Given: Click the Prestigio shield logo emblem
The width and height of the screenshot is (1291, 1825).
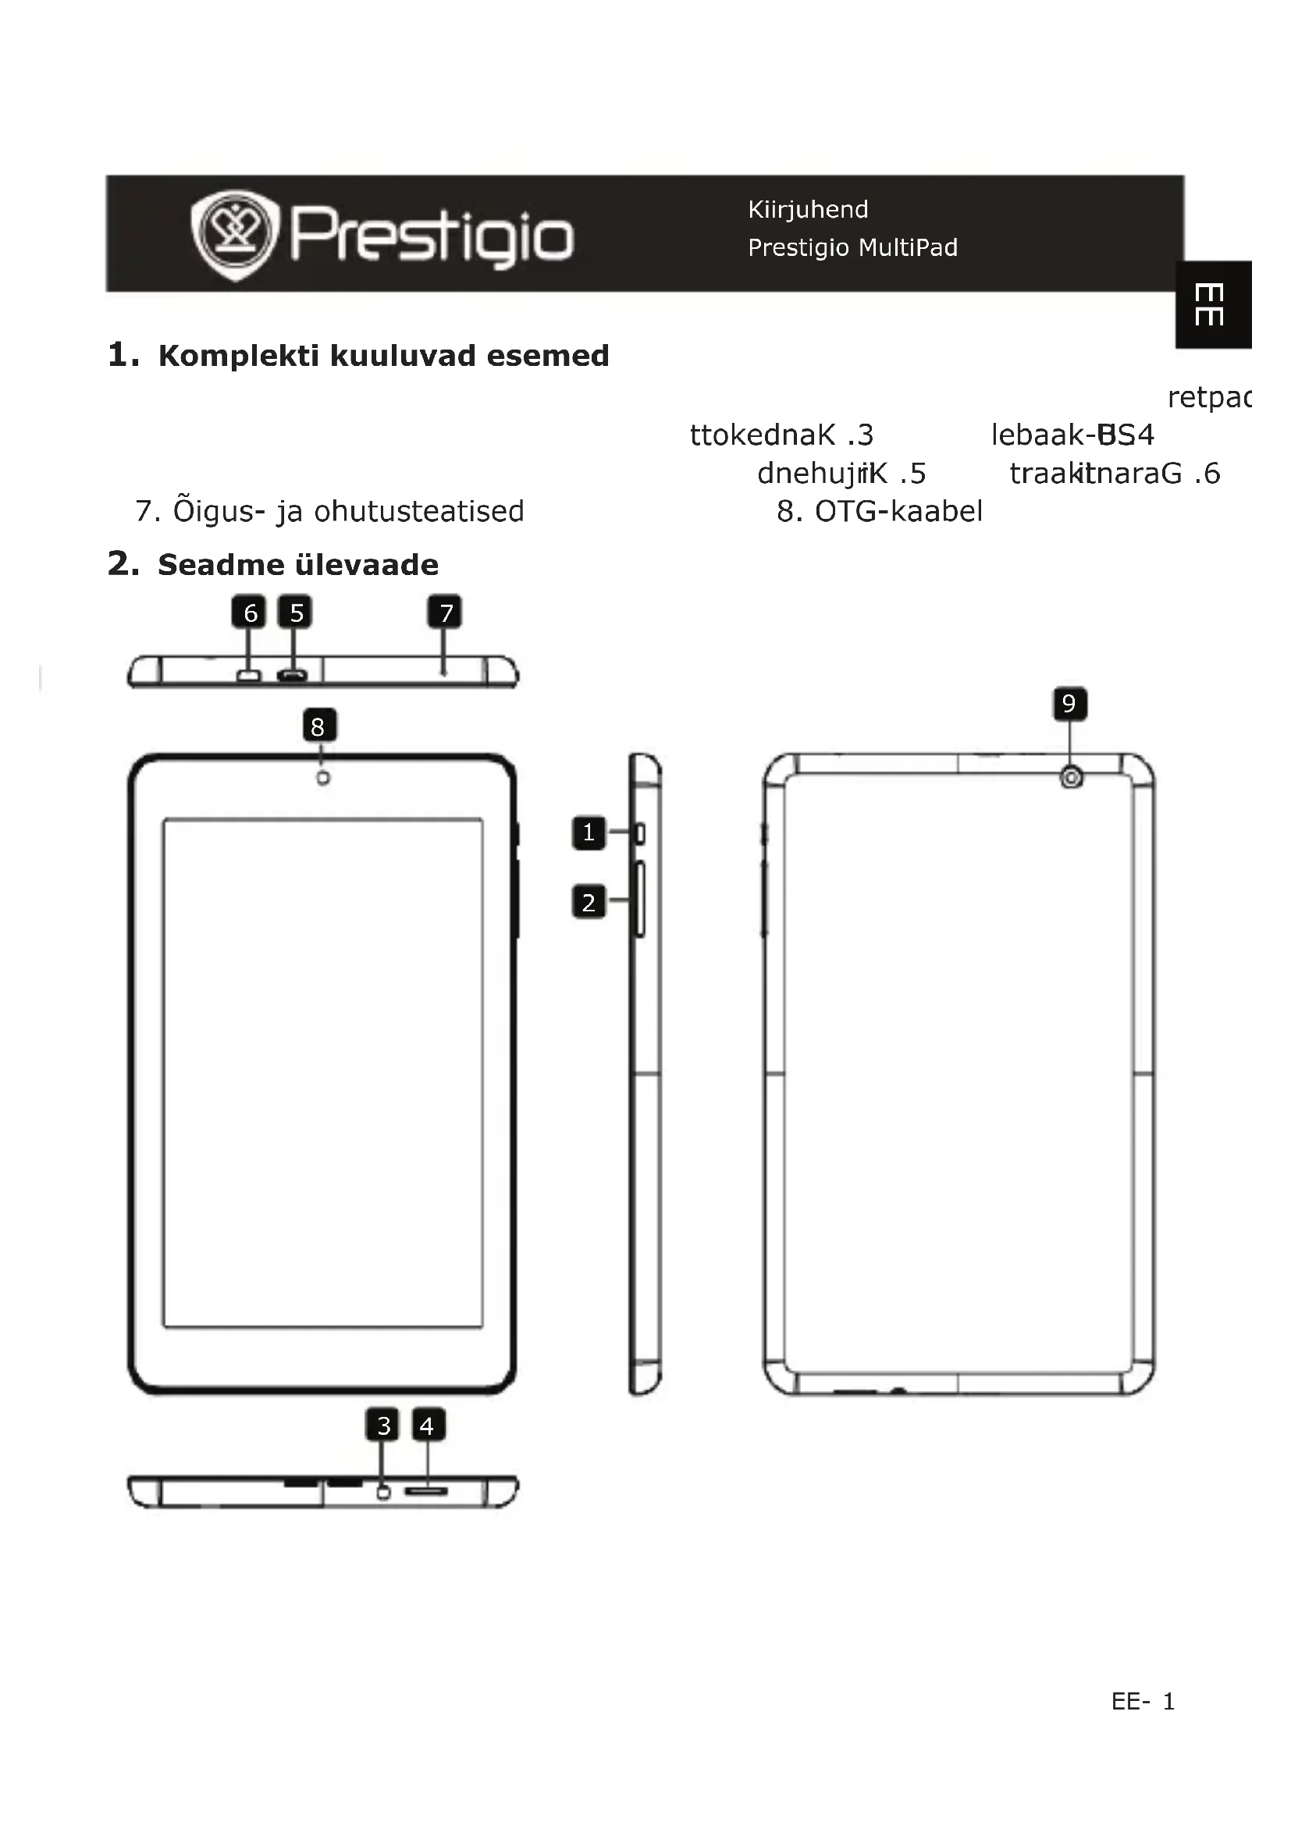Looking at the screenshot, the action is click(235, 235).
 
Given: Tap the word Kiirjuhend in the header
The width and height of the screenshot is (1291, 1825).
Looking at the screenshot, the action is click(808, 210).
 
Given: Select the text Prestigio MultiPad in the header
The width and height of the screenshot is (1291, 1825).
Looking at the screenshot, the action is click(852, 248).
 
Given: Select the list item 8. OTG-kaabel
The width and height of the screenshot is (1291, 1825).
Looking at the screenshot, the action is click(879, 512).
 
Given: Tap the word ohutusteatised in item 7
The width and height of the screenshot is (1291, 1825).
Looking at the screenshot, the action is click(419, 512).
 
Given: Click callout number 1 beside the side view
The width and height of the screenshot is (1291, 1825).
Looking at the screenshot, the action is click(589, 833).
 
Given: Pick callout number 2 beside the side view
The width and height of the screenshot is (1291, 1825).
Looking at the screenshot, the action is click(589, 903).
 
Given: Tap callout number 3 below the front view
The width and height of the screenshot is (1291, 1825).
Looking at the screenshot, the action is click(383, 1426).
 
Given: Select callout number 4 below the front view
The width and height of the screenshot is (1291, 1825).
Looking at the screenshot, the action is click(427, 1426).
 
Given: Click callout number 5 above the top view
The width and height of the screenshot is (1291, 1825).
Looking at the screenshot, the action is click(296, 612).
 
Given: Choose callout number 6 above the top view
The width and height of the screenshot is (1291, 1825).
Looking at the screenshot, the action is click(250, 612).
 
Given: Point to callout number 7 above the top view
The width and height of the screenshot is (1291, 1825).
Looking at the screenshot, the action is click(445, 612).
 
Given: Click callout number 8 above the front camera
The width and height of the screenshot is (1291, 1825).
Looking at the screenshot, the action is click(318, 726).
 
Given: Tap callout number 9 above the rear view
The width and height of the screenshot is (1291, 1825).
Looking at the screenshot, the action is click(1069, 705).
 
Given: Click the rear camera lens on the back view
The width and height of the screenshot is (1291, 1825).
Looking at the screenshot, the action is click(1071, 777).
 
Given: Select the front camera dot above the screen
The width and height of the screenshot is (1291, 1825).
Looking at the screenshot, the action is click(323, 778).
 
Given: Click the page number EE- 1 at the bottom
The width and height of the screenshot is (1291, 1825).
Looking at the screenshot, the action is click(1143, 1702).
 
